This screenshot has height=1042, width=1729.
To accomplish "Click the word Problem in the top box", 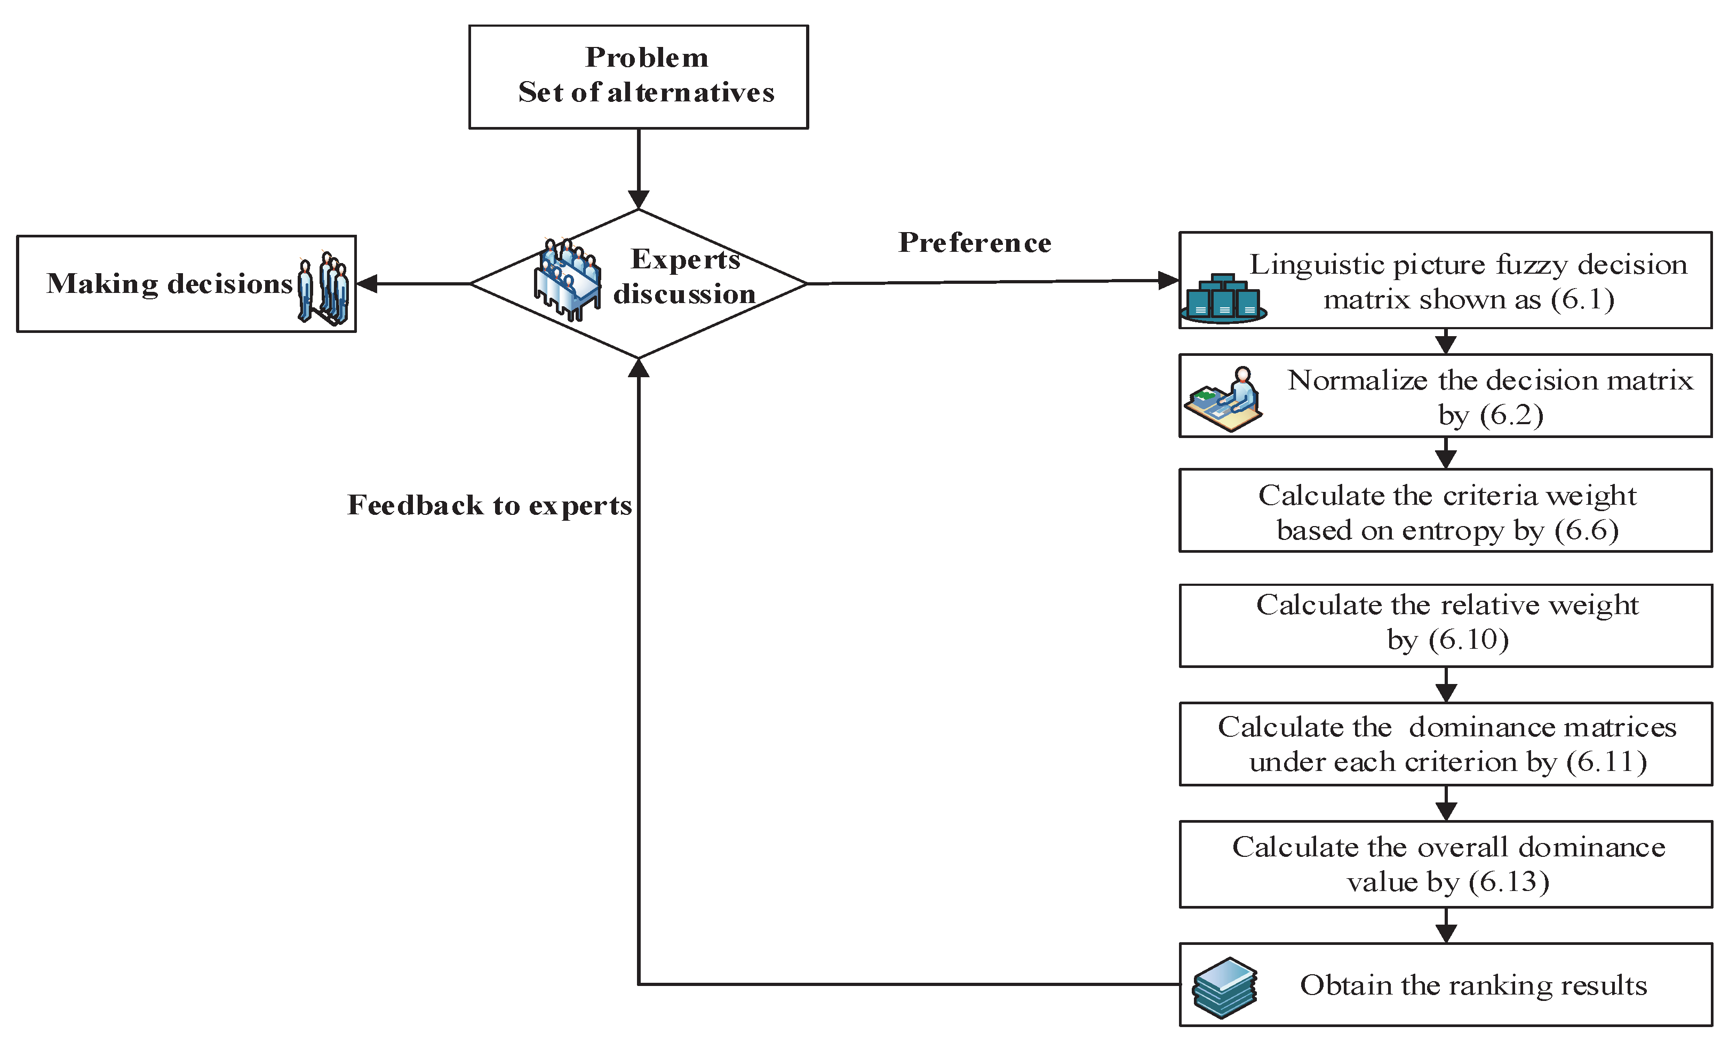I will click(646, 58).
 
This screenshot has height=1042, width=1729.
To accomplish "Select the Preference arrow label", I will click(974, 243).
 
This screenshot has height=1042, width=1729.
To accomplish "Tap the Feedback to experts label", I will click(489, 505).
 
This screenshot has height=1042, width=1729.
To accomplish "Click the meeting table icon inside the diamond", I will click(567, 279).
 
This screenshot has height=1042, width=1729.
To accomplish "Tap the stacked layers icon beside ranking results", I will click(1224, 987).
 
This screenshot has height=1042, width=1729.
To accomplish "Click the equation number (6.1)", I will click(1582, 300).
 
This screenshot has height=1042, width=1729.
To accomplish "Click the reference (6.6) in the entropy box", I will click(1586, 530).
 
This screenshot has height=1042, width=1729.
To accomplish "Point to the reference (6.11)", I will click(1607, 762).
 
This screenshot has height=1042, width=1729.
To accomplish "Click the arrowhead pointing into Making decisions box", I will click(367, 283).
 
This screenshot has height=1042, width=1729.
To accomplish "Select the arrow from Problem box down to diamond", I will click(639, 169).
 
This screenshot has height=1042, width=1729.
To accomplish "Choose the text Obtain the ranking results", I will click(1473, 985).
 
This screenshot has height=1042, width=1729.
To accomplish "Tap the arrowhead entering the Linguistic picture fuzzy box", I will click(1168, 281).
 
